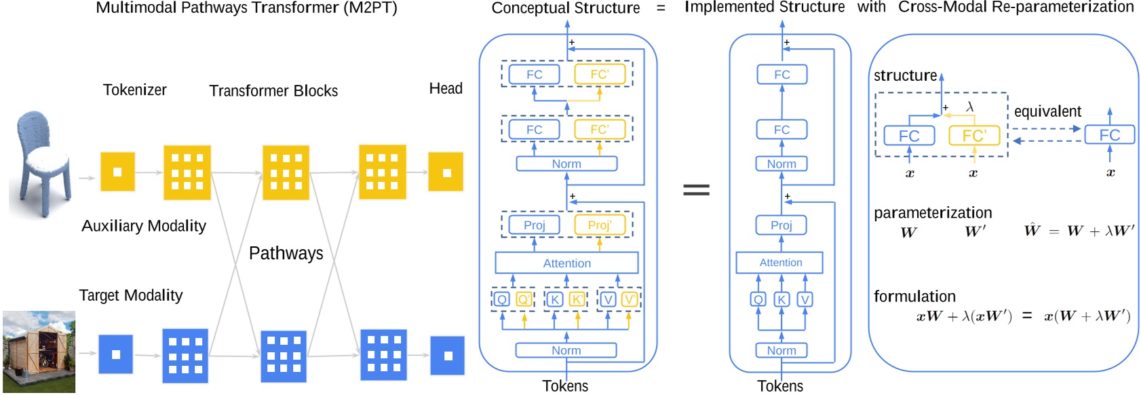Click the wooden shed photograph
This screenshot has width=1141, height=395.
pos(39,352)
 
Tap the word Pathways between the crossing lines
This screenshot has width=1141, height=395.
pos(286,253)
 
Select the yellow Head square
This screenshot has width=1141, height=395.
pos(446,172)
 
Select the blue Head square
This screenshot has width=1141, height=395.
pos(447,356)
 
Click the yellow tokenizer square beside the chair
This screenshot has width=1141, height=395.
pos(117,172)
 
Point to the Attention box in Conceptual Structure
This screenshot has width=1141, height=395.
pos(566,263)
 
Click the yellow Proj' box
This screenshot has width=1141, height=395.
pos(599,225)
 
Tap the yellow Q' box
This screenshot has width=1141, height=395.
pos(524,299)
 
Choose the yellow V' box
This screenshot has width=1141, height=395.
pos(630,299)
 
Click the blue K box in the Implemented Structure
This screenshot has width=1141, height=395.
pos(781,299)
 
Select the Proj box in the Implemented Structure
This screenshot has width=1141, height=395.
pos(781,225)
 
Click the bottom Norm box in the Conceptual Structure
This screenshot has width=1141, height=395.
pos(566,350)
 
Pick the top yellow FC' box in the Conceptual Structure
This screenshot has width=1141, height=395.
pos(599,75)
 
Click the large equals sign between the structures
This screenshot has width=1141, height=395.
pos(696,189)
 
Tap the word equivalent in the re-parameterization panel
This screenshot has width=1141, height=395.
pos(1047,111)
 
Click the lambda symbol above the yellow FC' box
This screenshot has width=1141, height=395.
pos(970,107)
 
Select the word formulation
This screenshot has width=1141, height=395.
pos(914,297)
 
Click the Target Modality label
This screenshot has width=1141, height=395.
pos(131,295)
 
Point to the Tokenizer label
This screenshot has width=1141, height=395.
pos(134,90)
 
